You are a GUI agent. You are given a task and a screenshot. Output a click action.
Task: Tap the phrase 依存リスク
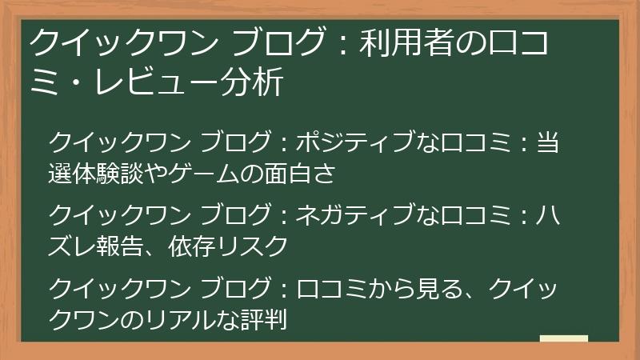[x=227, y=246]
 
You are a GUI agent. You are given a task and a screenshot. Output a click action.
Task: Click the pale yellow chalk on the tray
[x=563, y=339]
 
